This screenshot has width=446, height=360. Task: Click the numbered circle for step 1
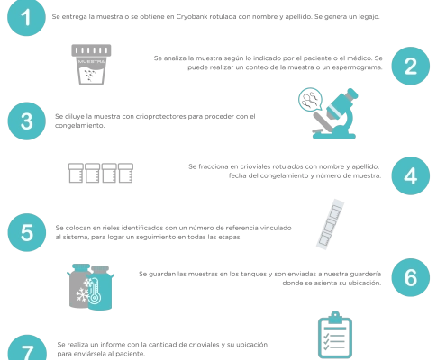[26, 17]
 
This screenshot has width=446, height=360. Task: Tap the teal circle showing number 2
[411, 66]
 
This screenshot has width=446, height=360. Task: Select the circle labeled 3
[27, 121]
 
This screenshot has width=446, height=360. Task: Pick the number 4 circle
[411, 175]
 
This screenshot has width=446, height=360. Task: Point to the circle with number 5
[27, 232]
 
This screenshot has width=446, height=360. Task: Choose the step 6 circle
[411, 277]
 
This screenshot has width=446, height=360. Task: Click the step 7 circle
[27, 348]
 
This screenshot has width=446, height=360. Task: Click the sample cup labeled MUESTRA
[91, 65]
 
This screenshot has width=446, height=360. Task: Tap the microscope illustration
[335, 115]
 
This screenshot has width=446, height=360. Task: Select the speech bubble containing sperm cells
[310, 99]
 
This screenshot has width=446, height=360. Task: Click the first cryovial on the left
[76, 173]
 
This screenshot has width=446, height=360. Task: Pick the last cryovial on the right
[125, 173]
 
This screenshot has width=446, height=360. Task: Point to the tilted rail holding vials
[330, 224]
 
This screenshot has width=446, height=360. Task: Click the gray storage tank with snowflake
[78, 286]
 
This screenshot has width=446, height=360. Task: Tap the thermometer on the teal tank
[95, 290]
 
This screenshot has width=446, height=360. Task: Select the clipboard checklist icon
[335, 335]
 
